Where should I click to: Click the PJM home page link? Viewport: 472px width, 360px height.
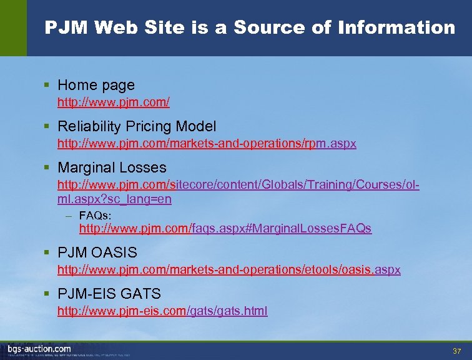[x=114, y=101]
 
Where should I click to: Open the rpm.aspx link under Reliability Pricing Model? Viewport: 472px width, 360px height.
[x=207, y=144]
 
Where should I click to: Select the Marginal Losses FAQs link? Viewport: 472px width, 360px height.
[x=225, y=229]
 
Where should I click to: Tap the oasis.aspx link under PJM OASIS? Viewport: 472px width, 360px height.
[x=229, y=270]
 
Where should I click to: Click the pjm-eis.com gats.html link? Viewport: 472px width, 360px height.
[x=162, y=311]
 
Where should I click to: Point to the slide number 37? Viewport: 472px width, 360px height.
[x=456, y=350]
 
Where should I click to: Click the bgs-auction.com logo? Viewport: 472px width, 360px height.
[x=39, y=349]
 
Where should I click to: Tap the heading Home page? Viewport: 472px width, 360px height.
[x=96, y=85]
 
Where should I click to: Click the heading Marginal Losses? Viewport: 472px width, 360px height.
[x=112, y=167]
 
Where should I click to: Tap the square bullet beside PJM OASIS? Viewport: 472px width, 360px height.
[x=48, y=252]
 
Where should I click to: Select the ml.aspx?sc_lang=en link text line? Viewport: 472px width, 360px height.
[x=114, y=199]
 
